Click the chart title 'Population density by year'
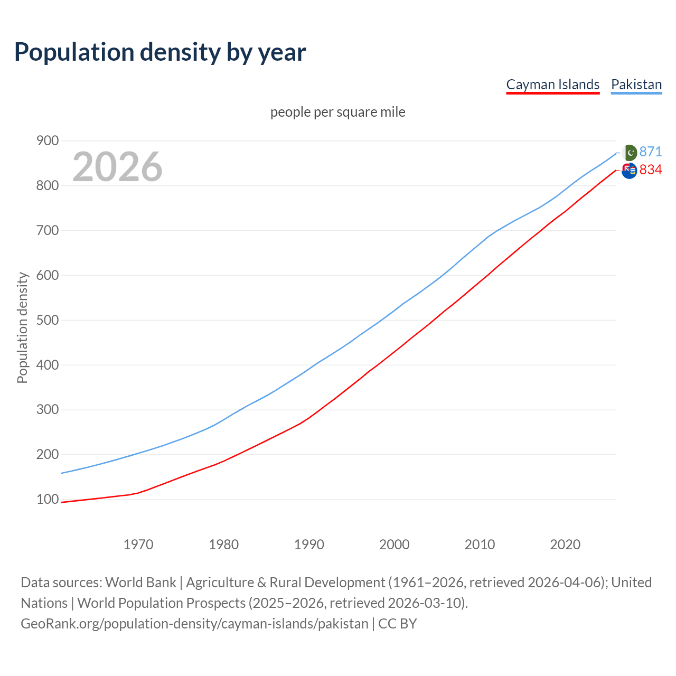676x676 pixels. (160, 52)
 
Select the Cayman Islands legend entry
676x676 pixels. (552, 84)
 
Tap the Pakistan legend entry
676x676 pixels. (636, 84)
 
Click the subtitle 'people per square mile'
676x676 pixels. (337, 112)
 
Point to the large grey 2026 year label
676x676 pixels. (117, 167)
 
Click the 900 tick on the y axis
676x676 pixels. (47, 140)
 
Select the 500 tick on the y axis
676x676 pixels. (47, 320)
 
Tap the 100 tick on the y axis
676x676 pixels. (47, 499)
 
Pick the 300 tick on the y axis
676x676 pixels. (47, 410)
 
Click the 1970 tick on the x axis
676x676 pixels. (138, 544)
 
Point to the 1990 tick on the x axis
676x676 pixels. (309, 544)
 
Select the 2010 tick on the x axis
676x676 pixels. (480, 544)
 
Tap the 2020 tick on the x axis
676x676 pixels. (565, 544)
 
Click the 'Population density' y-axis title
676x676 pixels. (22, 327)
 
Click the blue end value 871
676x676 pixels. (650, 152)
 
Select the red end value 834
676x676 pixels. (650, 170)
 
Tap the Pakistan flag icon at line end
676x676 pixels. (629, 153)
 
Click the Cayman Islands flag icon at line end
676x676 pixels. (629, 171)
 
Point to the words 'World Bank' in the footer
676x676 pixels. (140, 583)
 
